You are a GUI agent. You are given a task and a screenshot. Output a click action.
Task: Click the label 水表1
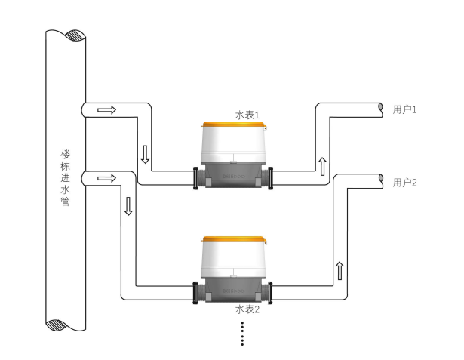(247, 115)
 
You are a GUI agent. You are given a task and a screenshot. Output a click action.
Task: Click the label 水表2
(247, 309)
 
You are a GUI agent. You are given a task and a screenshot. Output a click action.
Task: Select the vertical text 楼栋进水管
(66, 177)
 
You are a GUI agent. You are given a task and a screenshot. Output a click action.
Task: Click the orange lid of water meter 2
(234, 240)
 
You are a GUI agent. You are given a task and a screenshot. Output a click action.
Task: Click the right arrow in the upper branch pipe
(108, 110)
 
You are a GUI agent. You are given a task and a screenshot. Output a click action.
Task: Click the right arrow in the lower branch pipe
(108, 179)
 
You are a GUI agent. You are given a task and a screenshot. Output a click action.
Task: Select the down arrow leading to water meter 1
(146, 155)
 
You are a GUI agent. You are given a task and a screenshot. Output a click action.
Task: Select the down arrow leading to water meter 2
(128, 205)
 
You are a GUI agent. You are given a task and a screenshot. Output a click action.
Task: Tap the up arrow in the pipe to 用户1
(322, 165)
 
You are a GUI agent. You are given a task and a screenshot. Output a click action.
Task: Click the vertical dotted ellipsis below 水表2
(242, 333)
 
